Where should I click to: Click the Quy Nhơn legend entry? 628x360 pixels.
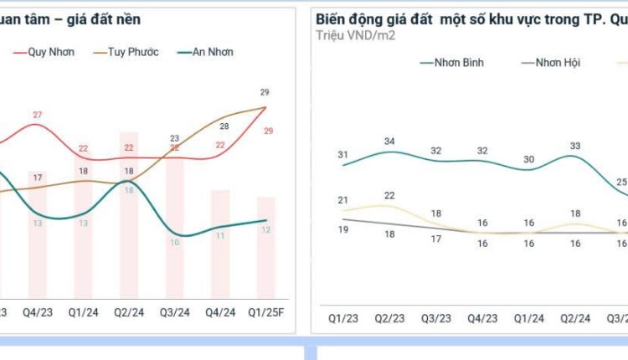(51, 52)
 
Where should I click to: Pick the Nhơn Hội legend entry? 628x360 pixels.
(557, 62)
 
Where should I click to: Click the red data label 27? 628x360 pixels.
(38, 115)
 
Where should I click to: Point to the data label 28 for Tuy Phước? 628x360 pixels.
(224, 126)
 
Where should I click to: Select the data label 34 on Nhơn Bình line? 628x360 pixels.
(389, 141)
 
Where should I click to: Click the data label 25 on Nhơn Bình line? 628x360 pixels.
(621, 182)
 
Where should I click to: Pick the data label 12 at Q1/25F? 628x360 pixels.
(265, 230)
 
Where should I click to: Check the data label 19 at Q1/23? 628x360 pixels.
(343, 229)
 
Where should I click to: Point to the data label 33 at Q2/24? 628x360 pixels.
(574, 146)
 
